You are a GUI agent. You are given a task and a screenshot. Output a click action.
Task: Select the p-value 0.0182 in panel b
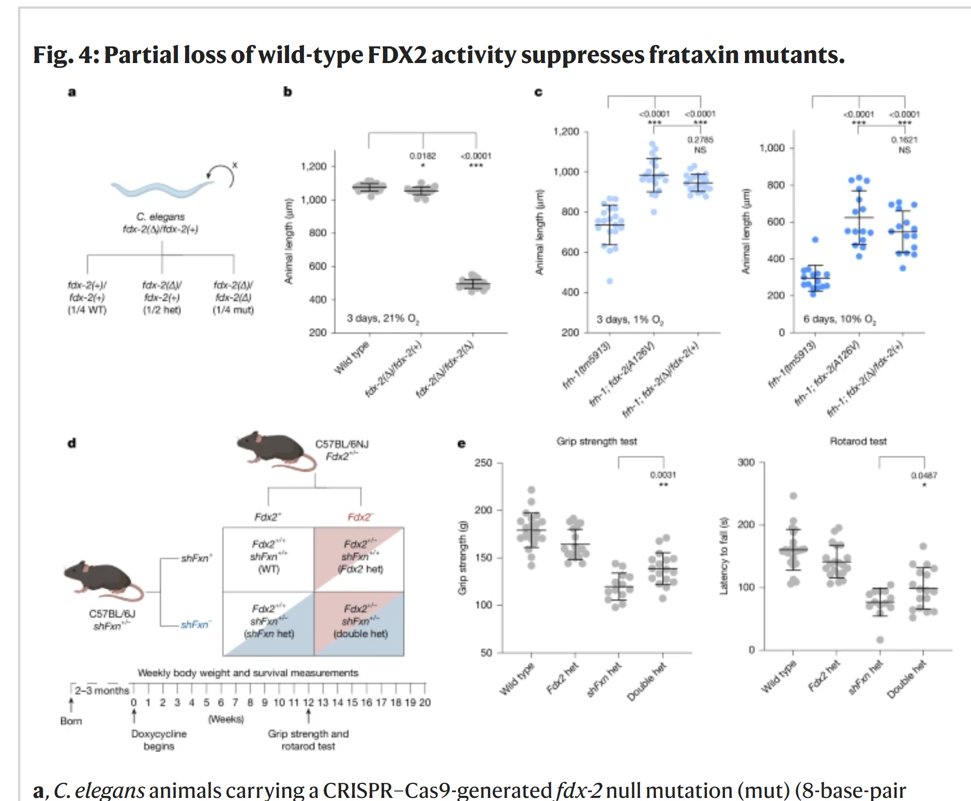pyautogui.click(x=422, y=156)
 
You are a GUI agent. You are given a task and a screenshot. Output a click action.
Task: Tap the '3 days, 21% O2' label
pyautogui.click(x=383, y=318)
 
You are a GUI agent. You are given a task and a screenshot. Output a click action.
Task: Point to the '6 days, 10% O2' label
pyautogui.click(x=839, y=319)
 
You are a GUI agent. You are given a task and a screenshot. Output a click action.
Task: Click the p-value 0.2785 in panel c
pyautogui.click(x=700, y=140)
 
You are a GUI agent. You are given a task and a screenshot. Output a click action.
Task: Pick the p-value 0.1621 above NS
pyautogui.click(x=904, y=140)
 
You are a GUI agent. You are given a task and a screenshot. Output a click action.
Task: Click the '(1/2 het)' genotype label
pyautogui.click(x=162, y=310)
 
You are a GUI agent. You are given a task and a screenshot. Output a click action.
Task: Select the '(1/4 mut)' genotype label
pyautogui.click(x=233, y=310)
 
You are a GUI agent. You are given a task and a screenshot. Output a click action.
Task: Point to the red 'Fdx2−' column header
pyautogui.click(x=360, y=517)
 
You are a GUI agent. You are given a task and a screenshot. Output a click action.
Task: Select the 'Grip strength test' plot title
pyautogui.click(x=597, y=441)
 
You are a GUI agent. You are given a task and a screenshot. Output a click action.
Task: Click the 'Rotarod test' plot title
pyautogui.click(x=858, y=441)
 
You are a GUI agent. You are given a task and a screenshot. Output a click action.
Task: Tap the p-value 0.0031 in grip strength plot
pyautogui.click(x=663, y=474)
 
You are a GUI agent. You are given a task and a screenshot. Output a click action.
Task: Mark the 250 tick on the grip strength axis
pyautogui.click(x=483, y=463)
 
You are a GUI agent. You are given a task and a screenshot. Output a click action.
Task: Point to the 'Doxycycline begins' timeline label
pyautogui.click(x=159, y=740)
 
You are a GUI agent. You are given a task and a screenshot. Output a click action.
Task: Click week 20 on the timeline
pyautogui.click(x=424, y=702)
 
